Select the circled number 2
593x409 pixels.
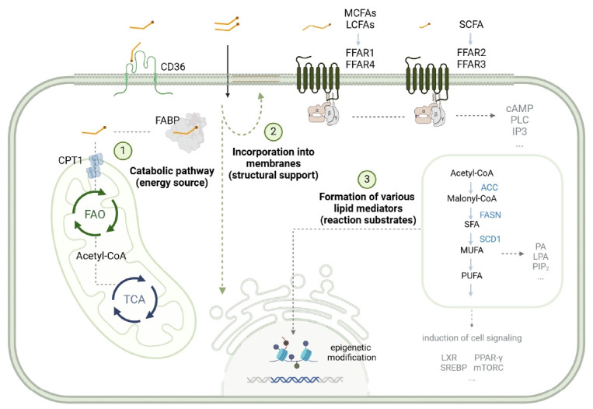click(272, 131)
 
